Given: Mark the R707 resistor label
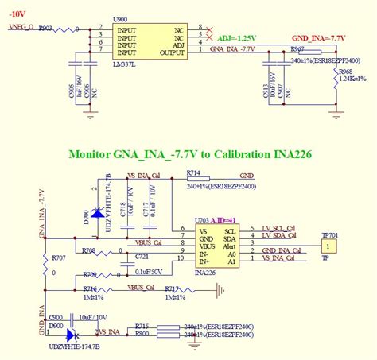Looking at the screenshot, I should (57, 258).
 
